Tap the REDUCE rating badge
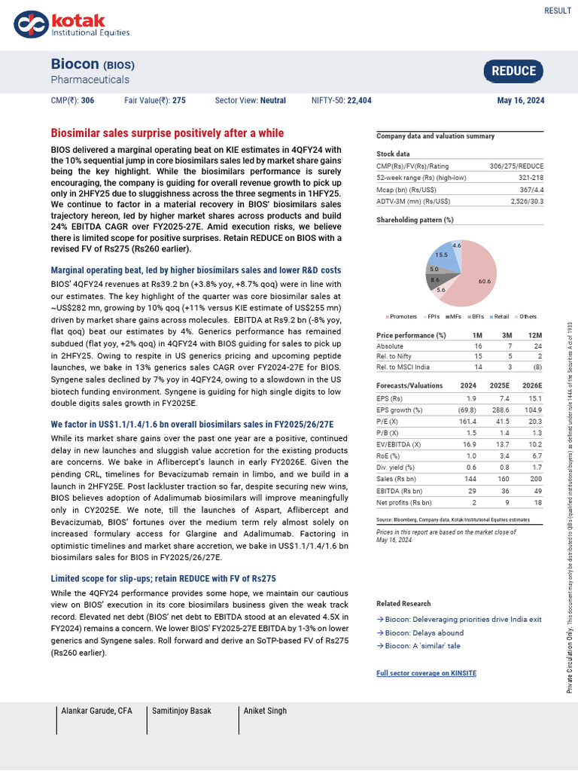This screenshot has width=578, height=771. (x=513, y=72)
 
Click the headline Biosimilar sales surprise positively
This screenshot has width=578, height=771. (x=167, y=133)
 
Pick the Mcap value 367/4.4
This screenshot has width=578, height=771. (x=532, y=188)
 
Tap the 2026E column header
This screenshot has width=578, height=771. (x=532, y=385)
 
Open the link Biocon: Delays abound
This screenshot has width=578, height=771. (x=420, y=632)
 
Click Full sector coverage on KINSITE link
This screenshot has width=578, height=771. (x=426, y=672)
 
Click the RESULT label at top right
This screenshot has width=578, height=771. (x=557, y=11)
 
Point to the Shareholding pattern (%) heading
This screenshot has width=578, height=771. (x=415, y=220)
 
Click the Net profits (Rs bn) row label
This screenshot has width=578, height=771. (x=404, y=502)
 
